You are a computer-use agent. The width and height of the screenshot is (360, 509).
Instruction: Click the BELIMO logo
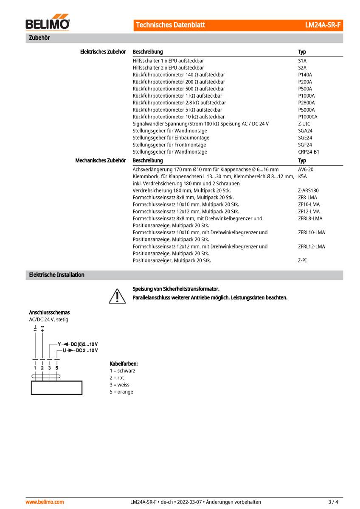tap(48, 24)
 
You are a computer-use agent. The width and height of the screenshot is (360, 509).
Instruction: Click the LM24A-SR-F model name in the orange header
tap(323, 25)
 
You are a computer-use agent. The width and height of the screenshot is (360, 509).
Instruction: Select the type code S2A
tap(302, 68)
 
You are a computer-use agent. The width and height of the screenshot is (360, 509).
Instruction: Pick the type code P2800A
tap(306, 103)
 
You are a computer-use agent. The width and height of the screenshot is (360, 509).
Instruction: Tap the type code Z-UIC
tap(304, 124)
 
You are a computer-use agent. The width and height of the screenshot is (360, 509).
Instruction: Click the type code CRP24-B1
tap(309, 152)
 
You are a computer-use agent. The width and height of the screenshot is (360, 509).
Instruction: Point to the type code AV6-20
tap(306, 169)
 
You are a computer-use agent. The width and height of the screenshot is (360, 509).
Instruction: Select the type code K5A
tap(302, 176)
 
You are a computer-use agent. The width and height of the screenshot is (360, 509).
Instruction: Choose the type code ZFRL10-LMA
tap(312, 232)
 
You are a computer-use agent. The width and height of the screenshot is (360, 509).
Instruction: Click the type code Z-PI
tap(302, 260)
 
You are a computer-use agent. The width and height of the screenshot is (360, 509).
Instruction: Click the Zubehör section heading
tap(39, 38)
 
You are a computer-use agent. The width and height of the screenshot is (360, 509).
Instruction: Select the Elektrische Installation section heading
tap(56, 275)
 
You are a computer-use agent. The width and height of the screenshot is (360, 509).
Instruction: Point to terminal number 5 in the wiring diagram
tap(57, 368)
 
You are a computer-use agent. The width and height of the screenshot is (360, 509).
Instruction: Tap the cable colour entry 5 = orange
tap(121, 392)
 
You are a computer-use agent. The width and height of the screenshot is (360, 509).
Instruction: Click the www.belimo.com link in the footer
tap(45, 502)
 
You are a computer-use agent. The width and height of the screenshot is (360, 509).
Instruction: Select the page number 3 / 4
tap(333, 502)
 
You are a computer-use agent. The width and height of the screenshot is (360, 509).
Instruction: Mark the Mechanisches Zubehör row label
tap(100, 161)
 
